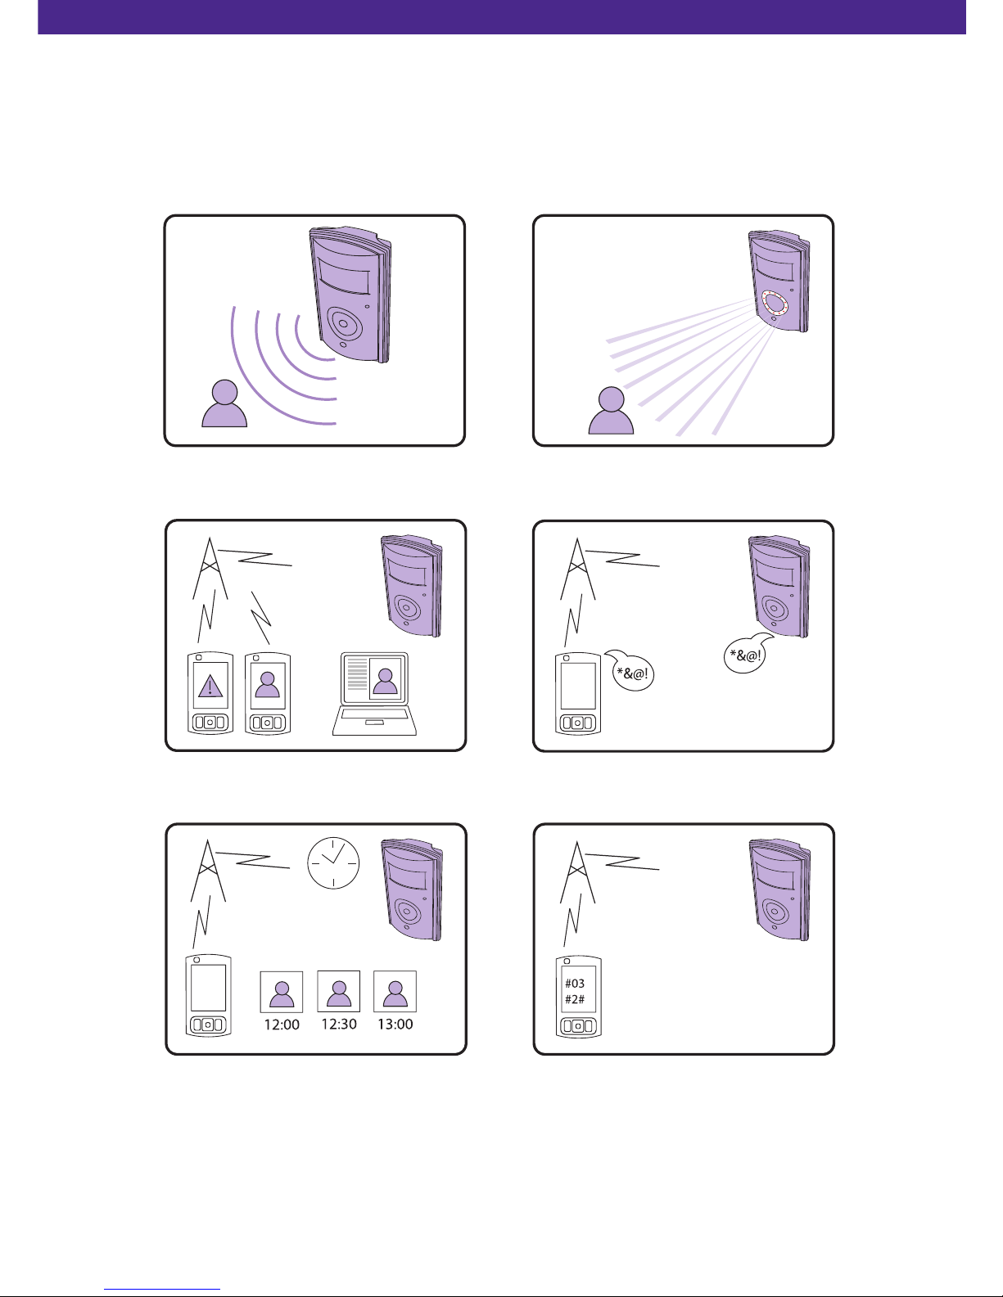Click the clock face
(x=333, y=862)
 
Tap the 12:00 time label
(x=282, y=1025)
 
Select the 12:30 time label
(x=339, y=1025)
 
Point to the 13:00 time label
(x=395, y=1025)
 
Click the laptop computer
(x=374, y=694)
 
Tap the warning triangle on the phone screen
(x=210, y=686)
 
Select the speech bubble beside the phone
(x=630, y=670)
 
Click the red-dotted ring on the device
(x=775, y=304)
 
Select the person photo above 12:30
(x=338, y=992)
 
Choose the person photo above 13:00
(x=395, y=992)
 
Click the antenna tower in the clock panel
(x=208, y=870)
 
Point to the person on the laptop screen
(x=385, y=681)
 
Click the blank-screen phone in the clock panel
(x=208, y=996)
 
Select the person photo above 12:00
(x=282, y=992)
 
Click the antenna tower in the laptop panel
(x=210, y=568)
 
